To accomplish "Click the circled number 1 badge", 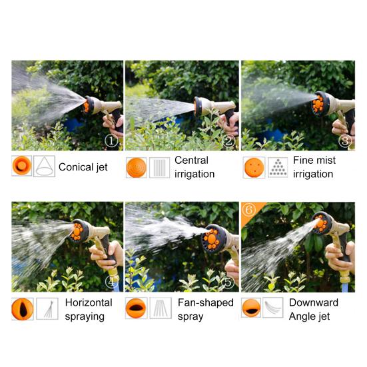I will point(111,141).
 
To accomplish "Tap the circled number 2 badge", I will point(228,141).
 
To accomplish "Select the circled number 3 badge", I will point(344,141).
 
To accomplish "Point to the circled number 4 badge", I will point(112,282).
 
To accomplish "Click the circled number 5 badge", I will point(228,282).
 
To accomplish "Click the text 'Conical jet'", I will point(83,167).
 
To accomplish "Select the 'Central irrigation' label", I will point(194,167).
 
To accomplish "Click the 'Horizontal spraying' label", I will point(84,309).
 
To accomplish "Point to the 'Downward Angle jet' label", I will point(313,309).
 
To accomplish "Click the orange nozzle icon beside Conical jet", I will point(22,166).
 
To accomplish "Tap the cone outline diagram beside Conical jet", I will point(43,166).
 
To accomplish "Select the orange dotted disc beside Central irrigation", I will point(137,167).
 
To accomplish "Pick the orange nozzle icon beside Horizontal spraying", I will point(22,308).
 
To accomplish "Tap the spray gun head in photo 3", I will point(323,104).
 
